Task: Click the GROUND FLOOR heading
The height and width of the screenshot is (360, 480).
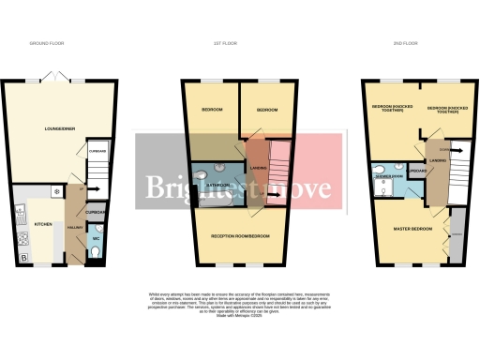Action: click(x=46, y=43)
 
